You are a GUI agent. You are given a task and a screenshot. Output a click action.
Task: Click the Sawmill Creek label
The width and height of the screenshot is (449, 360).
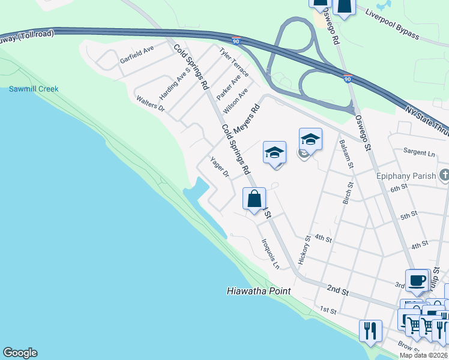[x=34, y=89]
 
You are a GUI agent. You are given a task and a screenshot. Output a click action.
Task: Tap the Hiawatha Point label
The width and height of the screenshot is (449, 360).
[x=259, y=291]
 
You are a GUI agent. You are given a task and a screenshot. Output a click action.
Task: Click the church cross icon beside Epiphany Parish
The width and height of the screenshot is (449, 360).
[x=444, y=176]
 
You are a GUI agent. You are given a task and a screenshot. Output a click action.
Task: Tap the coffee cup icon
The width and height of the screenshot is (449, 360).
[x=417, y=280]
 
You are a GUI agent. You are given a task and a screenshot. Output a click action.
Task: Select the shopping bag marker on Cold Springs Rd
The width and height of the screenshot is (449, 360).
[x=254, y=199]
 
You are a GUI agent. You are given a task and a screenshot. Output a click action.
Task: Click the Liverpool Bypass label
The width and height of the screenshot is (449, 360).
[x=392, y=25]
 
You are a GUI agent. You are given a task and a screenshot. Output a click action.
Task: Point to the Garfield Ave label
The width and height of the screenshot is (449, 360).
[x=137, y=55]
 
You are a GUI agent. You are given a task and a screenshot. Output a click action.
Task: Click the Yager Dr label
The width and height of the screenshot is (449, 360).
[x=220, y=167]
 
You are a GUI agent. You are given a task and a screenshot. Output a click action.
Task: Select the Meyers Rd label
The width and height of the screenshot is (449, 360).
[x=246, y=119]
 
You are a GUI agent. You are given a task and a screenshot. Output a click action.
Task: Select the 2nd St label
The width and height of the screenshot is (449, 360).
[x=338, y=290]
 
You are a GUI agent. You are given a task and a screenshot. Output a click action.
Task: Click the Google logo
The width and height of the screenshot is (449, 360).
[x=20, y=353]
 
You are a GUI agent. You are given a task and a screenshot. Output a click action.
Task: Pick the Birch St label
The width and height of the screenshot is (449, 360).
[x=347, y=191]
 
